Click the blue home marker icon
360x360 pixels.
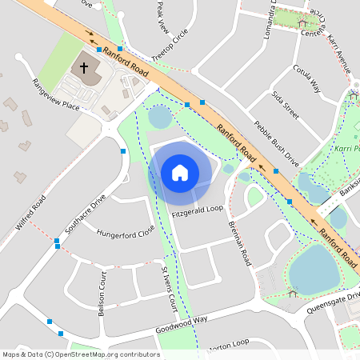pyautogui.click(x=180, y=172)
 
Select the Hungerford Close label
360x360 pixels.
pyautogui.click(x=125, y=233)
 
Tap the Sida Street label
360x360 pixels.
pyautogui.click(x=285, y=105)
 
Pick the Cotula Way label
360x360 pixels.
pyautogui.click(x=306, y=79)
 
